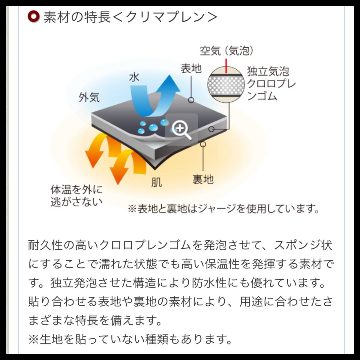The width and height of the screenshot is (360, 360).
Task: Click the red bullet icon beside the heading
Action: (x=33, y=17)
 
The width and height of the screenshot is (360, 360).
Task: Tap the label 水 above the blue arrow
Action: (x=134, y=77)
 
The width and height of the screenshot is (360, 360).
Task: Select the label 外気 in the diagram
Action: (x=89, y=97)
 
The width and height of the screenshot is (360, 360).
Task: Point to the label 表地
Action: (x=191, y=69)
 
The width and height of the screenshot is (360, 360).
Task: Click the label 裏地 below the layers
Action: (x=203, y=179)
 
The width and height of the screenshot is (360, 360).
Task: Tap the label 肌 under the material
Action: (x=156, y=182)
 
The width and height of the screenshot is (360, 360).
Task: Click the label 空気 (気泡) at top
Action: (x=227, y=51)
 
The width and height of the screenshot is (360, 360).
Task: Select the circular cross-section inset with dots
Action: (x=226, y=85)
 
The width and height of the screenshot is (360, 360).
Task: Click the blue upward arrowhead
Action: (x=169, y=83)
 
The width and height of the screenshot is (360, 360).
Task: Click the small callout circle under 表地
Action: (x=191, y=100)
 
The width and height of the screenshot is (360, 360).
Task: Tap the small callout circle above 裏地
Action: (x=203, y=144)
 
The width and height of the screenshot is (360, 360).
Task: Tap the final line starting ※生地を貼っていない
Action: (x=130, y=340)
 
